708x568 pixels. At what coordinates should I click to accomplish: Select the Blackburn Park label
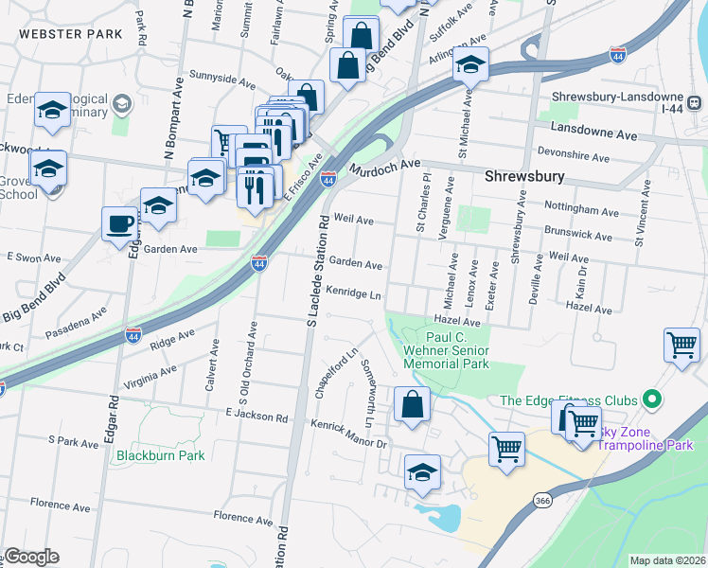coord(160,455)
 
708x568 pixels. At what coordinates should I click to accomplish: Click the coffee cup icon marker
coord(119,225)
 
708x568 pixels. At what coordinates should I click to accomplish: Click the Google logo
coord(31,557)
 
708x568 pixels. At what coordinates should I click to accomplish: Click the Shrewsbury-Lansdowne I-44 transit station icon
coord(694,101)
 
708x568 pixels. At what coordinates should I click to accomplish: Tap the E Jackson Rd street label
coord(257,416)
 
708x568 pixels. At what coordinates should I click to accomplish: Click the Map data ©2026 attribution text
coord(667,560)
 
